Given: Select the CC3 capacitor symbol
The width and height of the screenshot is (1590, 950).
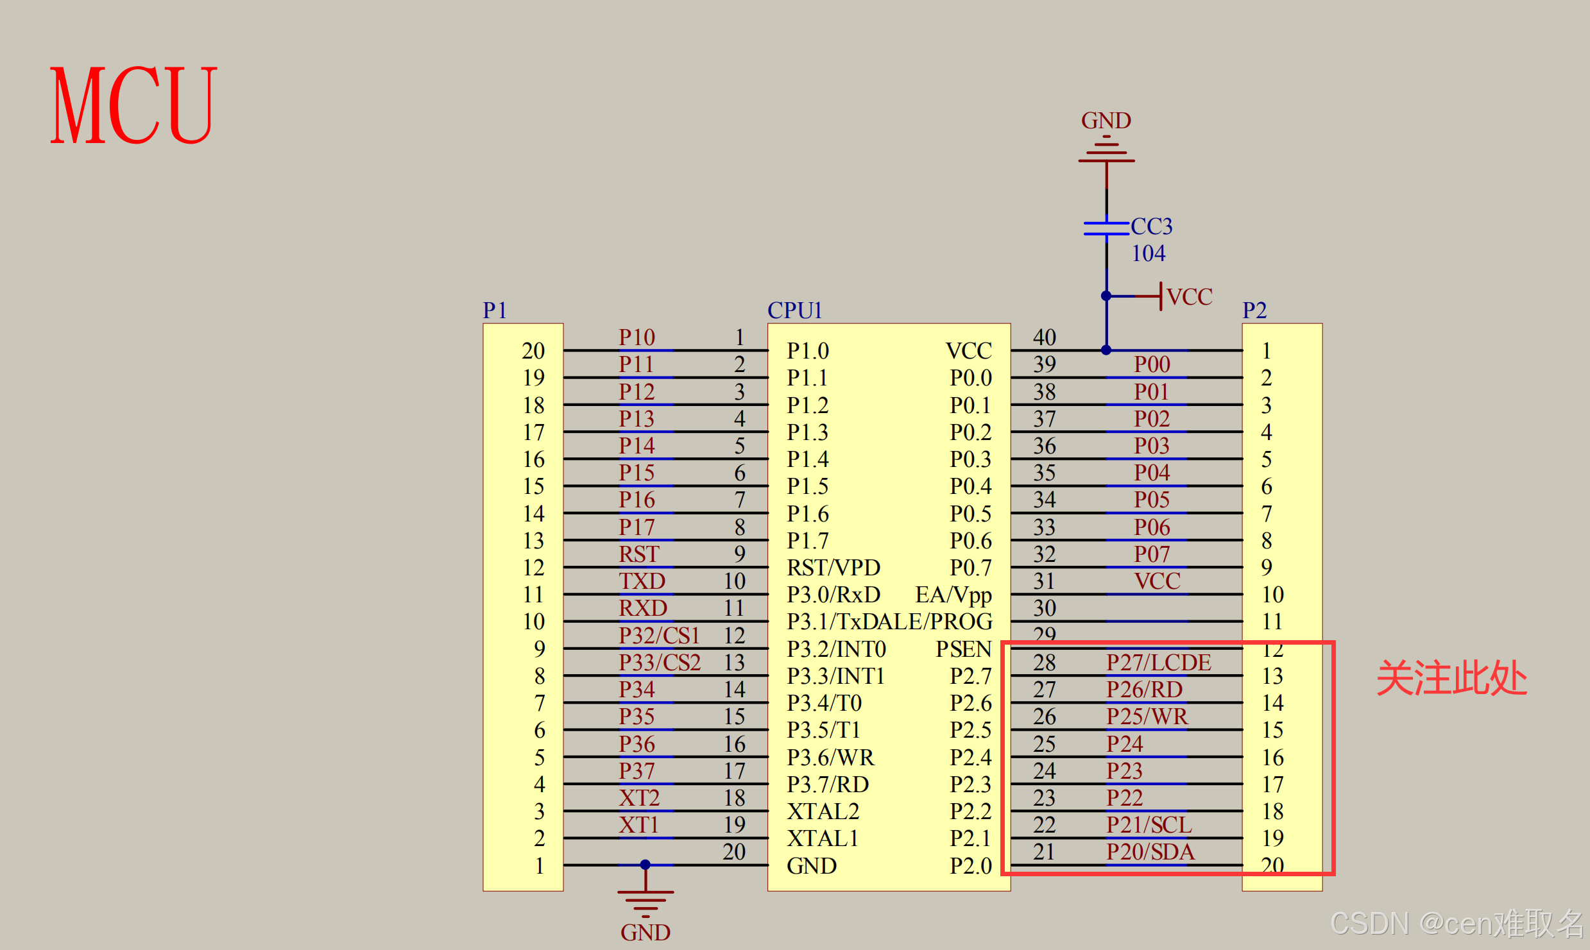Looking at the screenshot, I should (1106, 228).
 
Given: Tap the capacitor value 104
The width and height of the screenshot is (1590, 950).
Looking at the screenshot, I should (1148, 254).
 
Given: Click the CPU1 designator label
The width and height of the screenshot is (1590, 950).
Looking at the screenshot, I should (794, 310).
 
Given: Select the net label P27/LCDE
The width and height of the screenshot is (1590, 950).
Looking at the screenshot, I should (1158, 663).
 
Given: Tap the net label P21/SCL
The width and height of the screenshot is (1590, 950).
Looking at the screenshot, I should (1149, 825).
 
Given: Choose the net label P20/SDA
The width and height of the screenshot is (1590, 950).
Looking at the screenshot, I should (1150, 852).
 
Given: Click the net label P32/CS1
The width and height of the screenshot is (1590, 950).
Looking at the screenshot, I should (659, 636).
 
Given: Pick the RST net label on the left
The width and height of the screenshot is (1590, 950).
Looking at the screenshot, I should (638, 554).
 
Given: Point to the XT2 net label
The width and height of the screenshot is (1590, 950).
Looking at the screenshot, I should (639, 798).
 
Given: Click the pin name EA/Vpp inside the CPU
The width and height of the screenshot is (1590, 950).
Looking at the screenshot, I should (953, 595).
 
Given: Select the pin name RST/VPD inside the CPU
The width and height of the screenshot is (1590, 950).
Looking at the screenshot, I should (833, 568).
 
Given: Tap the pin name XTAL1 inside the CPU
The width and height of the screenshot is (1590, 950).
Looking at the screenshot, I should (823, 838).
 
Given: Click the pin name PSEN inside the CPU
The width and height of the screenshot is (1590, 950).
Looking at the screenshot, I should (963, 649).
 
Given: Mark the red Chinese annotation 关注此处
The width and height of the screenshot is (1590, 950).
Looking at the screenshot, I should (1451, 678).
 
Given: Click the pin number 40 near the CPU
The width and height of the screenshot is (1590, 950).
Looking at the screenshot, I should (1044, 337).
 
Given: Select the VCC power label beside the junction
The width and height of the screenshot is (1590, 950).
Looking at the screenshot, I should (1189, 297).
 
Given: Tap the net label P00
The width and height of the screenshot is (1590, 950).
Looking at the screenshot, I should (1152, 364).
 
